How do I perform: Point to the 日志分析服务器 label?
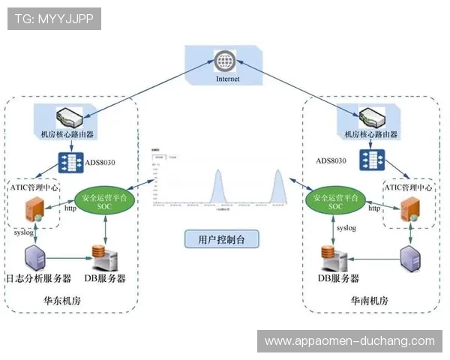[x=38, y=278]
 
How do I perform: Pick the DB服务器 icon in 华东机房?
[x=106, y=256]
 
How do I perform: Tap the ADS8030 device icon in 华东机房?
[x=72, y=161]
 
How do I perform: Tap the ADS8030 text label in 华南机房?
[x=331, y=160]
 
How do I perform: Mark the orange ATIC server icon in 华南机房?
[x=409, y=209]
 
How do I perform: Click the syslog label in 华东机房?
[x=25, y=233]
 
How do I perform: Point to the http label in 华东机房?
[x=70, y=209]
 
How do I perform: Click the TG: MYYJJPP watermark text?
[x=53, y=19]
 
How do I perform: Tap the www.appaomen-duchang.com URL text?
[x=349, y=341]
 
